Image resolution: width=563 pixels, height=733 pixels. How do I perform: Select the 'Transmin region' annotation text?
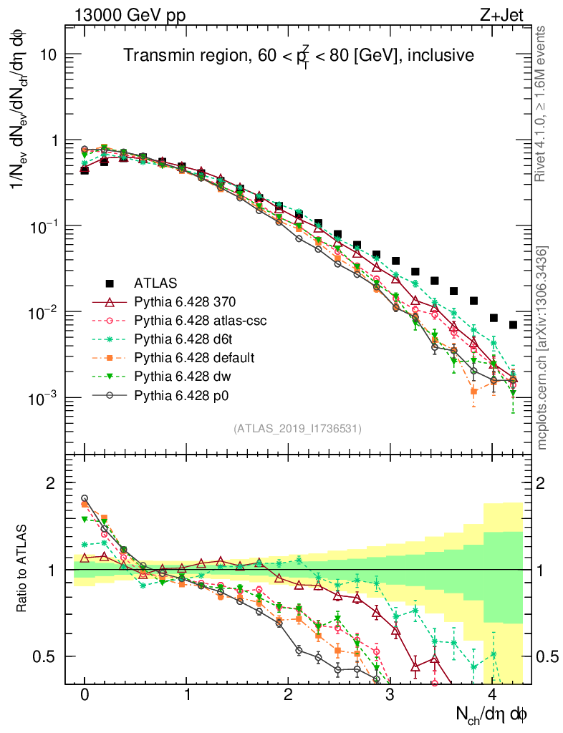click(x=297, y=56)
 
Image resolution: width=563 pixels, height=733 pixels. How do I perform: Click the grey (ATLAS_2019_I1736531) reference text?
click(x=297, y=429)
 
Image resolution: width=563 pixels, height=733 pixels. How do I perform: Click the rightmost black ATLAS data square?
click(x=514, y=325)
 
